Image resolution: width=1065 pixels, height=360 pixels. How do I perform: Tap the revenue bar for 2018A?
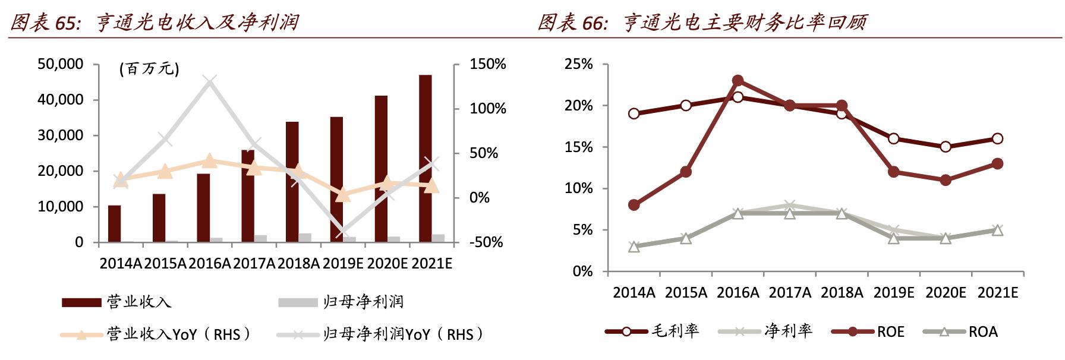tap(292, 181)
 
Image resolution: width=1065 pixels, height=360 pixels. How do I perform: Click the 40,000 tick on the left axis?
tap(60, 100)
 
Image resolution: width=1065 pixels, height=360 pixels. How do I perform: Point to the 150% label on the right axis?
tap(487, 64)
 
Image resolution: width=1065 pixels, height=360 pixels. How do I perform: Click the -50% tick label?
tap(486, 242)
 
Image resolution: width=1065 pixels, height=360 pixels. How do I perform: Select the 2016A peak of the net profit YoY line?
tap(210, 81)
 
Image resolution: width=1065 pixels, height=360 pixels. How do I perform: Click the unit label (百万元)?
tap(149, 69)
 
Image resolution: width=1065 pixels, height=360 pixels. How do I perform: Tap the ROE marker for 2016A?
tap(738, 80)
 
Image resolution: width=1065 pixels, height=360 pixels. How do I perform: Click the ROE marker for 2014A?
tap(634, 205)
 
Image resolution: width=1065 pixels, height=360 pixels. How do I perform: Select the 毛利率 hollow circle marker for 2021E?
tap(997, 138)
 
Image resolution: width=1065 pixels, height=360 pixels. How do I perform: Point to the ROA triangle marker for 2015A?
tap(685, 238)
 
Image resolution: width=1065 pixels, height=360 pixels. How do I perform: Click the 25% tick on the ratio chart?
tap(578, 64)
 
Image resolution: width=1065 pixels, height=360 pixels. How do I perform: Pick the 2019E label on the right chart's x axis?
tap(893, 293)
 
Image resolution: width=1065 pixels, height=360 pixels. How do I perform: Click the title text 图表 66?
tap(571, 23)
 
